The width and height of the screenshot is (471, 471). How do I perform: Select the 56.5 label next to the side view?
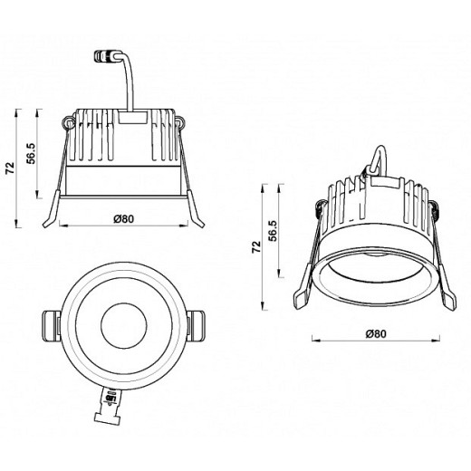click(x=31, y=154)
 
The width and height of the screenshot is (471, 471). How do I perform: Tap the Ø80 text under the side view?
click(x=124, y=218)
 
